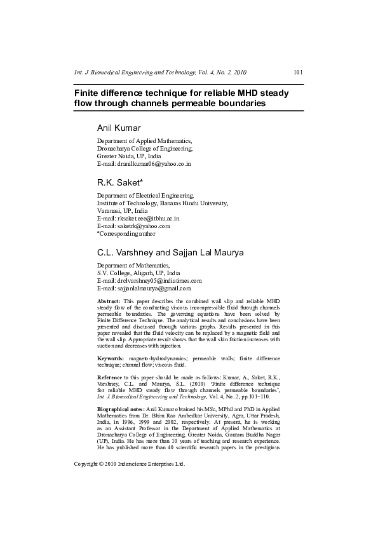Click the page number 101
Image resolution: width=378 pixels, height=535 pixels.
coord(299,72)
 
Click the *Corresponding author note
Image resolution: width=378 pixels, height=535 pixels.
coord(130,233)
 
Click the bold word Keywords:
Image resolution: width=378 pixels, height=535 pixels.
coord(111,360)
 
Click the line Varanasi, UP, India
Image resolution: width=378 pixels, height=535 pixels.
coord(122,210)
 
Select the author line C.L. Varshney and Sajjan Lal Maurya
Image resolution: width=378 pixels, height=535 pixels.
coord(170,253)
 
